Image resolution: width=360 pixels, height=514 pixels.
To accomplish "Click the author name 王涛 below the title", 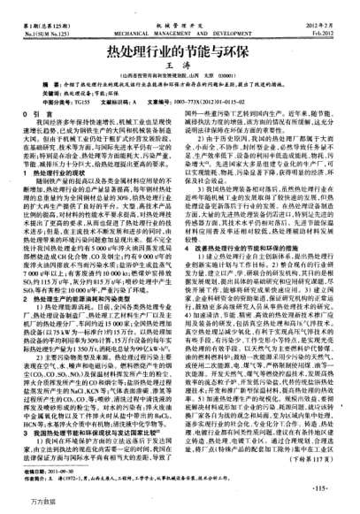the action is tap(180, 56).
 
